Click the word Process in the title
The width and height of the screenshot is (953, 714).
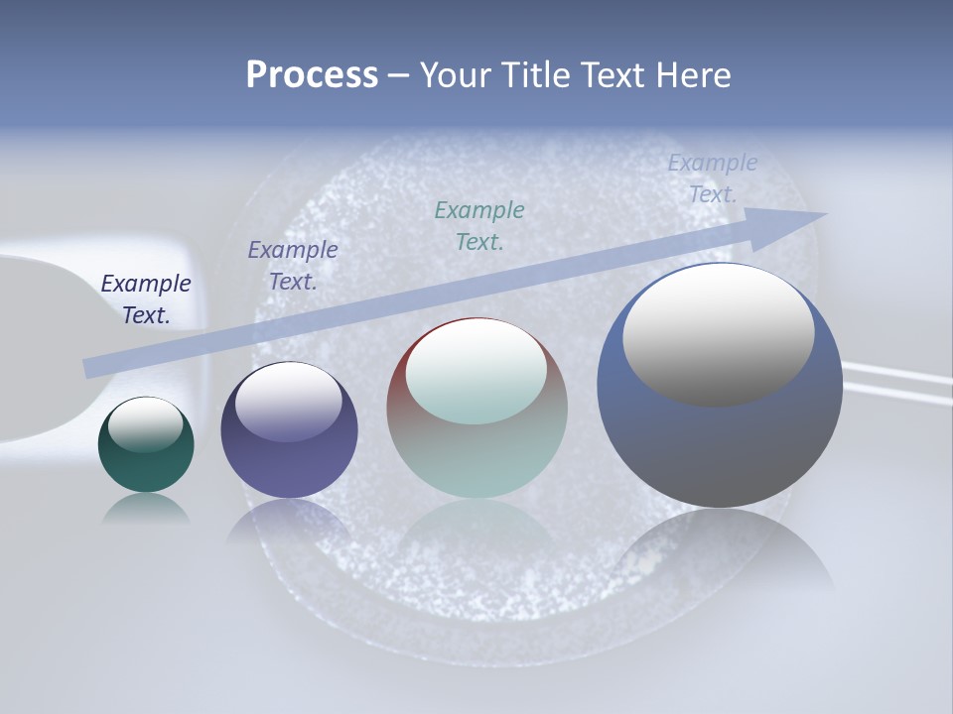pyautogui.click(x=312, y=75)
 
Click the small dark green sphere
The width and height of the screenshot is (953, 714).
pyautogui.click(x=146, y=466)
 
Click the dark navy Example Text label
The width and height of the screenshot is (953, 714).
pyautogui.click(x=146, y=298)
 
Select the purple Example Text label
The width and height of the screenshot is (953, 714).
pyautogui.click(x=293, y=265)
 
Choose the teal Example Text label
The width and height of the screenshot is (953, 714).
pyautogui.click(x=479, y=225)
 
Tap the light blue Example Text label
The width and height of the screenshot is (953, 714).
pyautogui.click(x=713, y=178)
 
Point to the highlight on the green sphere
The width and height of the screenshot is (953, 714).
pyautogui.click(x=145, y=424)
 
